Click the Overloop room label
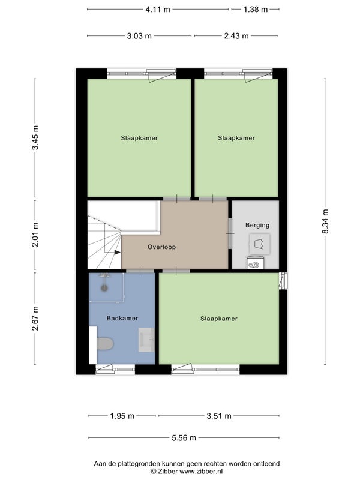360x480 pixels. coord(161,247)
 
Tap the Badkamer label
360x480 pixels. coord(122,319)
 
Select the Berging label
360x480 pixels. coord(257,226)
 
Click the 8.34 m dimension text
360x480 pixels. coord(325,221)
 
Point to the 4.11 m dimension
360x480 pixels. coord(158,10)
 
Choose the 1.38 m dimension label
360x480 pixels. coord(256,10)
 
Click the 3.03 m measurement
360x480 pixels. coord(139,36)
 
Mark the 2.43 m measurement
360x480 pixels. coord(236,36)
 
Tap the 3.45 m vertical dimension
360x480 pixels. coord(35,138)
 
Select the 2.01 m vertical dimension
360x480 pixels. coord(35,235)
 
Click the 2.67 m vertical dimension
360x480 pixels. coord(35,319)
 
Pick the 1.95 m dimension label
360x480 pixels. coord(122,416)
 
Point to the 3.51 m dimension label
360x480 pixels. coord(219,416)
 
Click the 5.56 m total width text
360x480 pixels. coord(184,438)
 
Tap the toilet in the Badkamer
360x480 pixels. coord(105,344)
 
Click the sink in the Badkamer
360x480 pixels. coord(146,340)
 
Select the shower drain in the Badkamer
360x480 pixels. coord(104,288)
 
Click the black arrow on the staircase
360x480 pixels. coord(117,252)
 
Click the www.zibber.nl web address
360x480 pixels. coord(201,472)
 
